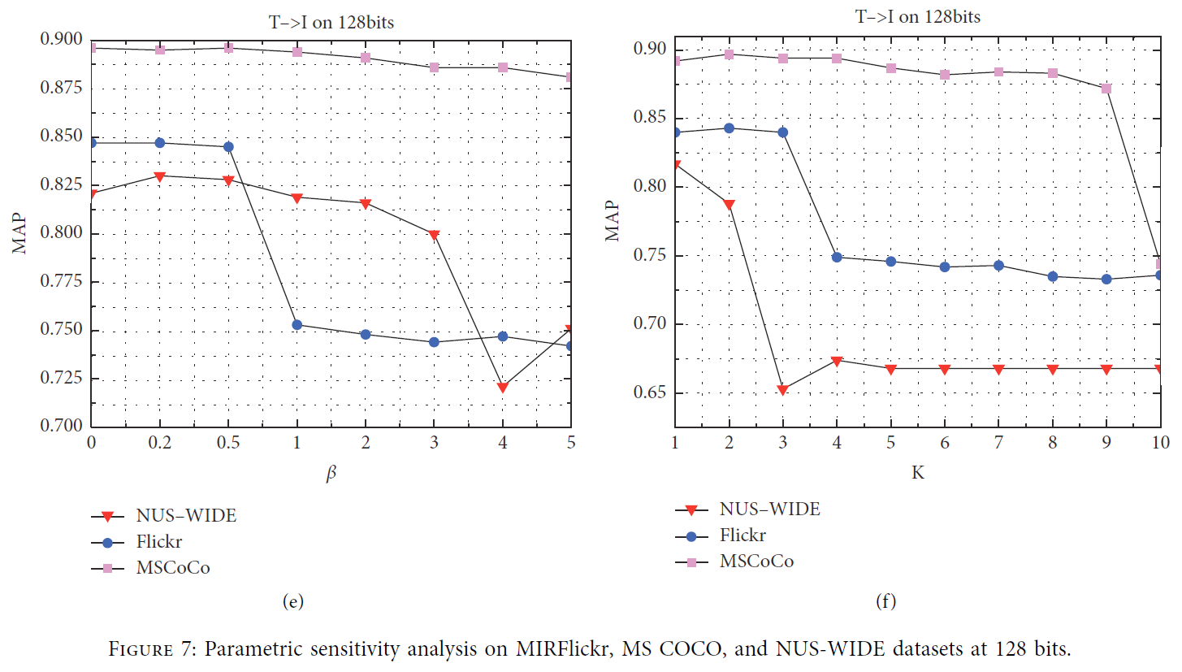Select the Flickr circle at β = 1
click(x=297, y=325)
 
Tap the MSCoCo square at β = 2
click(x=366, y=58)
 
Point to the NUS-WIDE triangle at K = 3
click(x=782, y=390)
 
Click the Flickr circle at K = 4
click(x=837, y=257)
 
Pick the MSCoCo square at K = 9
click(x=1106, y=89)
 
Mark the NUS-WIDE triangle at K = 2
click(x=729, y=205)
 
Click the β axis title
click(x=331, y=475)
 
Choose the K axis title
click(x=917, y=472)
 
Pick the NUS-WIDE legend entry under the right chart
click(x=769, y=509)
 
